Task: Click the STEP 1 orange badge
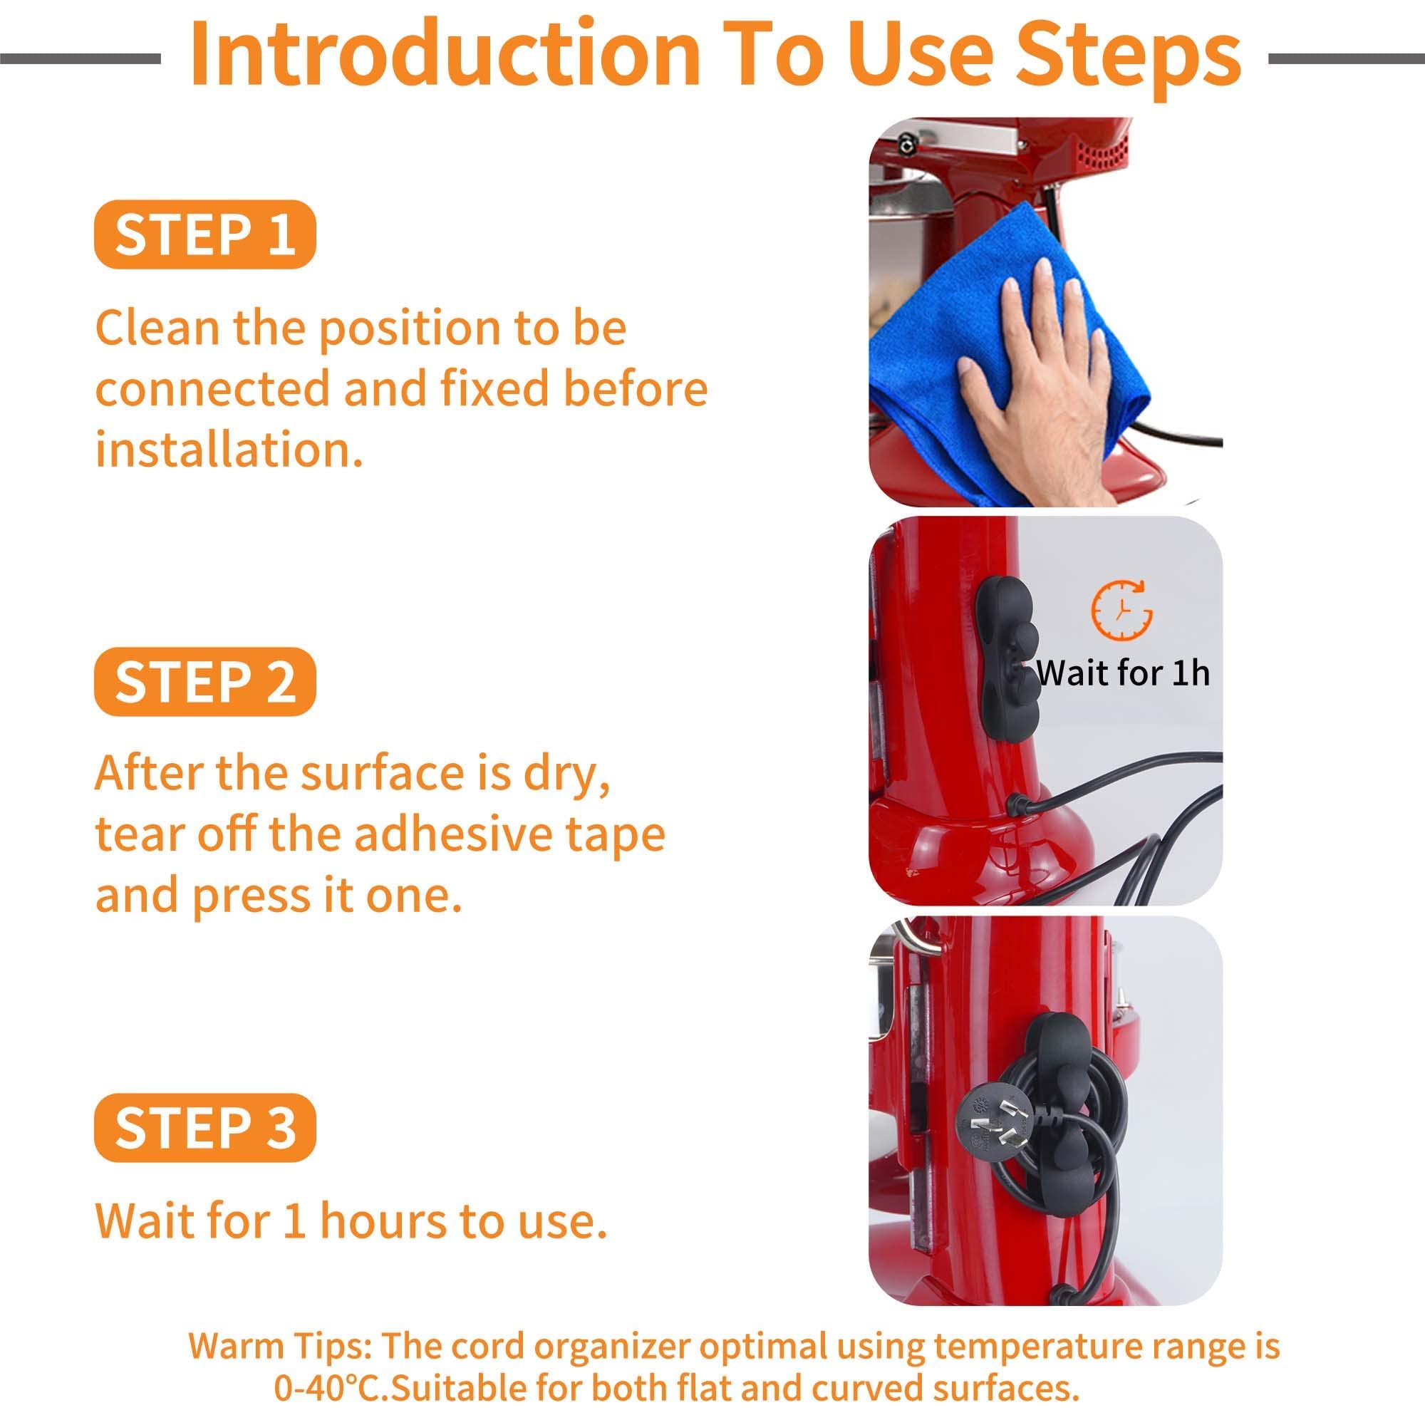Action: [205, 234]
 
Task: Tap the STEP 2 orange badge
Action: [205, 682]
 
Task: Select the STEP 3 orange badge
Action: [205, 1128]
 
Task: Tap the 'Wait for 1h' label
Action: [1124, 673]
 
